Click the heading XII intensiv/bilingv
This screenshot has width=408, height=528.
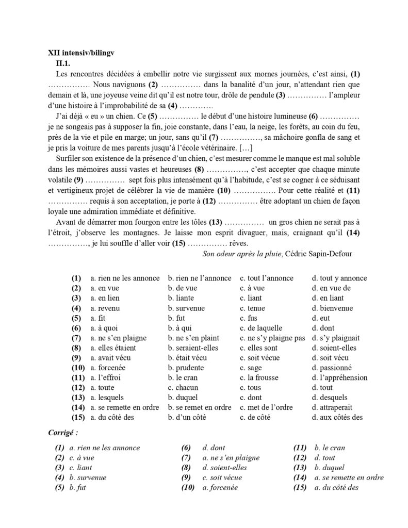80,53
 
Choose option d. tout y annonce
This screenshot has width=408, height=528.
339,278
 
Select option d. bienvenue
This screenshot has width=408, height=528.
332,308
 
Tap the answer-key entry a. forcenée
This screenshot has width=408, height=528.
220,488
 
